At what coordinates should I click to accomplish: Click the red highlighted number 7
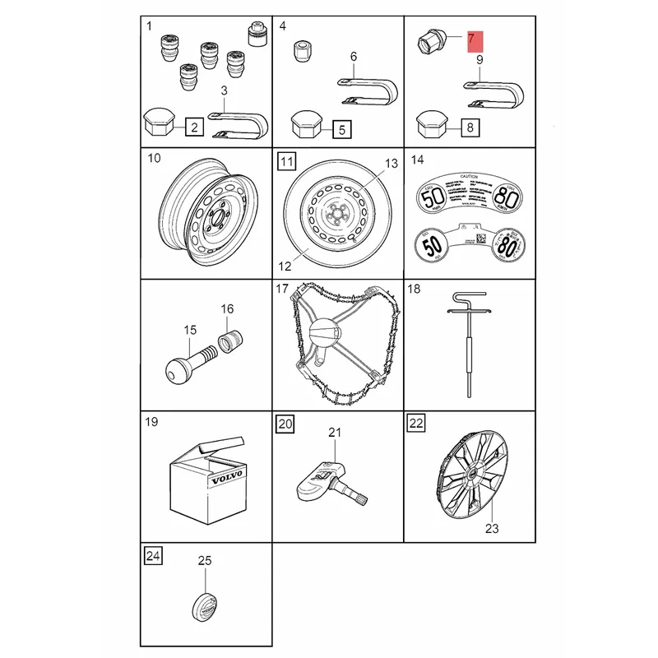coord(475,39)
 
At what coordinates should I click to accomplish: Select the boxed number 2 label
coord(195,127)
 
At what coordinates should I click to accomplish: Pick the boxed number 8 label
coord(469,127)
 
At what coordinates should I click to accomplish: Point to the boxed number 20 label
coord(285,424)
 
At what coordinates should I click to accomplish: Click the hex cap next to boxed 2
coord(160,125)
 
